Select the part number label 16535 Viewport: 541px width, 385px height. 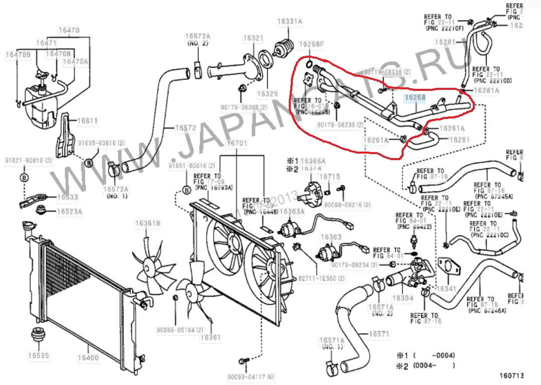pos(38,356)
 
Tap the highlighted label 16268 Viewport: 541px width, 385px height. pos(415,99)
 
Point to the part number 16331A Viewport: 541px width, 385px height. pos(290,22)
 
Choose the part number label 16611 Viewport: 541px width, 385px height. pos(87,120)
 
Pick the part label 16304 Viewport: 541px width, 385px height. pos(402,298)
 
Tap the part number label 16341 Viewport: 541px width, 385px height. pos(446,289)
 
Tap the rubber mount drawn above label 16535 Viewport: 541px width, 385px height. pos(38,334)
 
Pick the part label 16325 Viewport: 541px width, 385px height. pos(267,93)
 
